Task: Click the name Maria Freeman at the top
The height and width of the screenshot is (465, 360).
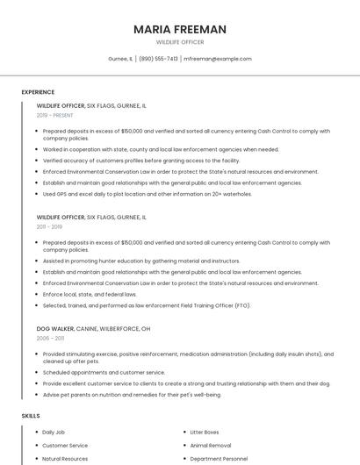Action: (x=180, y=29)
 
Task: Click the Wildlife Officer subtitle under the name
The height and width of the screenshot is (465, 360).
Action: (x=180, y=42)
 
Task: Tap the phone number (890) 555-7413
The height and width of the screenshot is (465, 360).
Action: (x=158, y=59)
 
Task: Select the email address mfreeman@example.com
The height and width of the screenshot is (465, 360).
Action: (x=218, y=59)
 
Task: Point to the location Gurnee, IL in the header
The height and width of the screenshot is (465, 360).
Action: (x=120, y=59)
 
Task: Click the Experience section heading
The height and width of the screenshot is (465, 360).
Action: (x=38, y=92)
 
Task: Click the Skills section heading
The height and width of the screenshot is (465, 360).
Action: (x=31, y=415)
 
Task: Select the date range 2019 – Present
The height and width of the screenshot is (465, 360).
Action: (x=54, y=115)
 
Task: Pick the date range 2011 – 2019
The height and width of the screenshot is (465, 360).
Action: (x=49, y=226)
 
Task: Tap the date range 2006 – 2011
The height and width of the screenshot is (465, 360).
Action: (x=50, y=338)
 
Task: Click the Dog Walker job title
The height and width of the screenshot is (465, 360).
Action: (x=55, y=328)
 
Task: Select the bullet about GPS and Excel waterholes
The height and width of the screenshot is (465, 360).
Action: (x=147, y=194)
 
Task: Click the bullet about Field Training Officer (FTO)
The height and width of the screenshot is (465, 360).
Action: (x=147, y=305)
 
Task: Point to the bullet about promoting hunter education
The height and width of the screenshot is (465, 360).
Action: (x=140, y=261)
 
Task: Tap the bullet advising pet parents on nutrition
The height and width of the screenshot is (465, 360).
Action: (x=132, y=394)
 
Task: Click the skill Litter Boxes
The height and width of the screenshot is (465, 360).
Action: (x=205, y=433)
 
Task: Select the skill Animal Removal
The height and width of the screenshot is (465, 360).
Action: (x=209, y=446)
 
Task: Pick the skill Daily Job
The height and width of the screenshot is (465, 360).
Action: (x=54, y=433)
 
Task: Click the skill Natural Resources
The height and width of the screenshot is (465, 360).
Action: (x=65, y=458)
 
